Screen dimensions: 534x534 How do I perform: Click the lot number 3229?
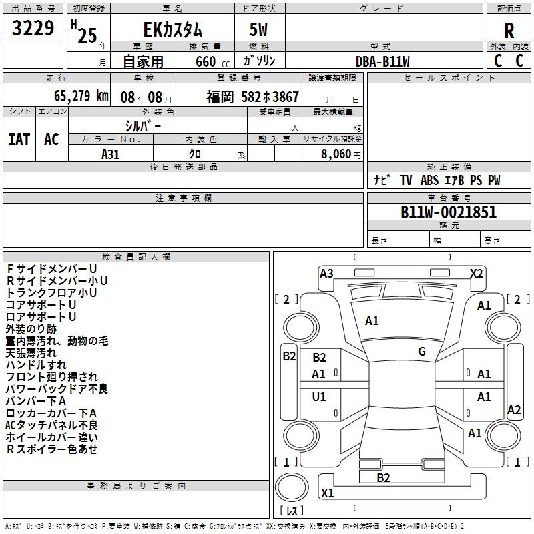coord(33,28)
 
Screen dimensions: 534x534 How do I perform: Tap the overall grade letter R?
coord(509,31)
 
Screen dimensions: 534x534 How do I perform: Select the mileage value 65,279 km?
coord(81,96)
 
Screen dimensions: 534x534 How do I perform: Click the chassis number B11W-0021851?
coord(449,212)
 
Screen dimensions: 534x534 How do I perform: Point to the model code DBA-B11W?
coord(382,61)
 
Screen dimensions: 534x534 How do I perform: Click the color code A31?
coord(110,154)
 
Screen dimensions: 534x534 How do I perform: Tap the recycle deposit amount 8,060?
coord(336,154)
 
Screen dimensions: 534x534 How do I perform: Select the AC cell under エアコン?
coord(52,140)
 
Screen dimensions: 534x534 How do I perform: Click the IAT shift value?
coord(19,140)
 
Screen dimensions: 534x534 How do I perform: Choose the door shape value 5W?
coord(258,29)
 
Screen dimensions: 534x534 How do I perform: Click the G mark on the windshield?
coord(422,352)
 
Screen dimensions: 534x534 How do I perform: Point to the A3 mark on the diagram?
coord(326,274)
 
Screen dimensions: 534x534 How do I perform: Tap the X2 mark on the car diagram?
coord(476,274)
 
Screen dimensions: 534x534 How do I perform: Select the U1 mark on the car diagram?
coord(319,396)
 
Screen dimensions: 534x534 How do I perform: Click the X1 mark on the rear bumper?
coord(327,493)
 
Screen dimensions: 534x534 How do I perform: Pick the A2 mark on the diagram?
coord(514,409)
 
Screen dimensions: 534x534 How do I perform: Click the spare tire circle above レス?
coord(292,487)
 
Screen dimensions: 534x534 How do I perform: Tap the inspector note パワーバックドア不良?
coord(57,389)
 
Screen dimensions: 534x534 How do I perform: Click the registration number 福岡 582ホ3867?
coord(252,97)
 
